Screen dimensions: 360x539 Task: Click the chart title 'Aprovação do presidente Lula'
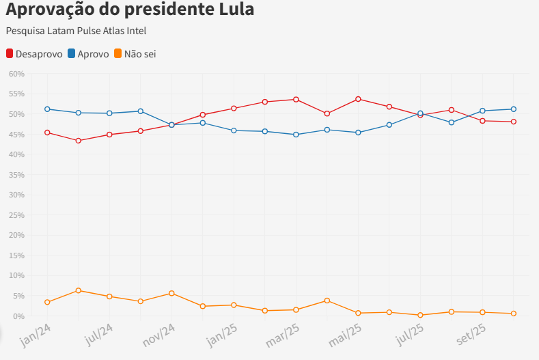coord(130,10)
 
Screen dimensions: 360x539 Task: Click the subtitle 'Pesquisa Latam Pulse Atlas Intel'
coord(76,31)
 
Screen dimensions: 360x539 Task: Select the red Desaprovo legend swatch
coord(10,53)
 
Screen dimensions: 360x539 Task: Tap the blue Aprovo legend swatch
coord(72,53)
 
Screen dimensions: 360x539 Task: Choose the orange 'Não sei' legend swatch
coord(118,53)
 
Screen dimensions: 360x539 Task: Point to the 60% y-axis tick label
coord(16,74)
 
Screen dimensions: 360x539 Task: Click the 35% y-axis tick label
coord(16,175)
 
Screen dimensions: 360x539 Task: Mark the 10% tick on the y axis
coord(16,276)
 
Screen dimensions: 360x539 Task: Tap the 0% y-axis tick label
coord(18,316)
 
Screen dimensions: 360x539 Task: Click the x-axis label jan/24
coord(36,335)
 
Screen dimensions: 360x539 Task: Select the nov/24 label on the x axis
coord(160,335)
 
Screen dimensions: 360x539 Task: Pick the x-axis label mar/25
coord(284,335)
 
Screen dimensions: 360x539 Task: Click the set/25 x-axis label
coord(471,334)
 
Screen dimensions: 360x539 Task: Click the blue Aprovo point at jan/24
coord(47,109)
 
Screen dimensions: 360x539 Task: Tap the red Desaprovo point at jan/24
coord(47,133)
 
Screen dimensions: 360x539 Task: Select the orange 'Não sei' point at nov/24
coord(171,293)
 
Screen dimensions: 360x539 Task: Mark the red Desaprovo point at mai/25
coord(358,99)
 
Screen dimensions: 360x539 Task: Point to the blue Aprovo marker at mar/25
coord(296,135)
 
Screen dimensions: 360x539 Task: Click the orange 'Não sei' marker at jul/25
coord(420,315)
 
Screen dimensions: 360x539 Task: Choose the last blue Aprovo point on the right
coord(513,109)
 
